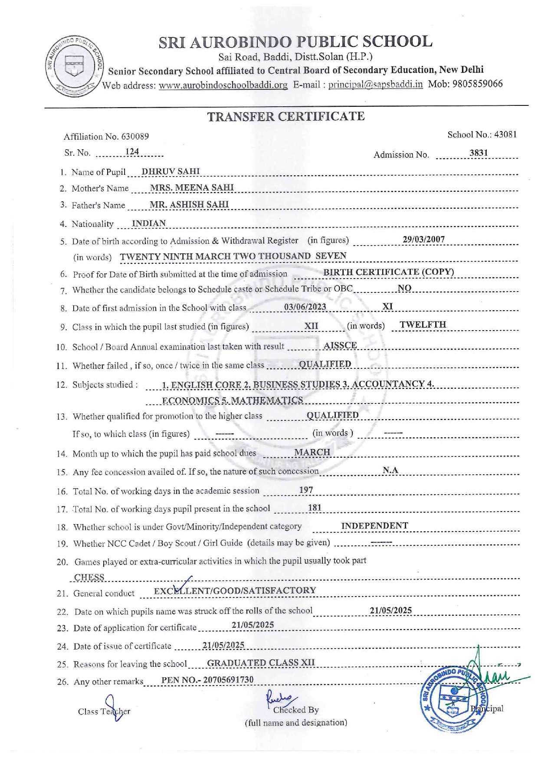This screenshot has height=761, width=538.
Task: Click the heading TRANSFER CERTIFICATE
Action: click(x=285, y=117)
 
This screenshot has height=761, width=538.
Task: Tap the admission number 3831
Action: click(x=479, y=153)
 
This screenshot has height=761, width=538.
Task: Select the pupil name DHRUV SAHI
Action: click(x=171, y=171)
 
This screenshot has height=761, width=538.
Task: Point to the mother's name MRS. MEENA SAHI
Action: click(x=191, y=187)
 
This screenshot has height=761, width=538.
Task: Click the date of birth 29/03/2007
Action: click(x=423, y=239)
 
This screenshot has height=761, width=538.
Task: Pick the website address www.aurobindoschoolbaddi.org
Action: click(x=223, y=85)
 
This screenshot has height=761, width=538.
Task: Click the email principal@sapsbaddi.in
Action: click(x=375, y=84)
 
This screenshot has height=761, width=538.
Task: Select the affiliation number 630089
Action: click(x=135, y=137)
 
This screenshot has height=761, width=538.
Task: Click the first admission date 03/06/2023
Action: click(x=305, y=307)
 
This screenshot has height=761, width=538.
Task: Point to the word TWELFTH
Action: click(x=423, y=325)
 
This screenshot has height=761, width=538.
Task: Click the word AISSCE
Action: click(x=340, y=345)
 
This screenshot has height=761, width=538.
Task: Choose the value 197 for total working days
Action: click(x=306, y=490)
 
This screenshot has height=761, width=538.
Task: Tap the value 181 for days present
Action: click(x=315, y=508)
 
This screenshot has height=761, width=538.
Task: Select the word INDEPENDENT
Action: click(x=374, y=526)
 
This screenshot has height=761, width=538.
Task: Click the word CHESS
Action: click(x=89, y=577)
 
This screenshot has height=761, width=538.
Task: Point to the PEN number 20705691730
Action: click(x=228, y=680)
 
